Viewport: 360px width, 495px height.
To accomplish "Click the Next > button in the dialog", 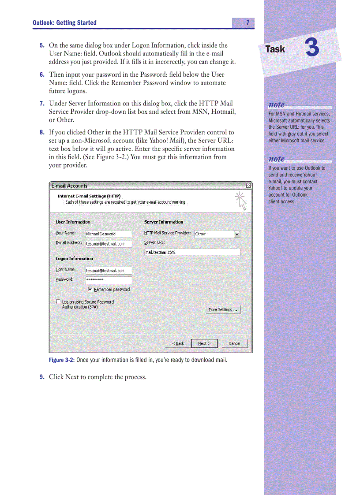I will [x=204, y=344].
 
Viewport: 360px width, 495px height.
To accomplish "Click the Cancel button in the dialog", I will [x=234, y=344].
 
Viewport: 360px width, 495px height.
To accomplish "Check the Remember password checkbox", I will [x=90, y=290].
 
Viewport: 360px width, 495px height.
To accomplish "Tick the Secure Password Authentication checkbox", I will [x=58, y=302].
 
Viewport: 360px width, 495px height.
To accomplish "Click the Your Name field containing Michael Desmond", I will [x=109, y=234].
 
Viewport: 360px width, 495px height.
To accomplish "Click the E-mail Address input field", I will [x=109, y=244].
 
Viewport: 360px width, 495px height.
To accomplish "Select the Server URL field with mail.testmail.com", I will [x=192, y=253].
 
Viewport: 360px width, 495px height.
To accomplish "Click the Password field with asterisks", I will [x=109, y=280].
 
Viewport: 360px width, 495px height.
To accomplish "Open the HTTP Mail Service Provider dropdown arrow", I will [x=237, y=234].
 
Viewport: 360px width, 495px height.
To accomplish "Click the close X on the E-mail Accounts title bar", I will [x=248, y=186].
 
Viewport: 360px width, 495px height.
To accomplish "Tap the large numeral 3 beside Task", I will [x=312, y=48].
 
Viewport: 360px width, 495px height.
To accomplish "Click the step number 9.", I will [x=41, y=377].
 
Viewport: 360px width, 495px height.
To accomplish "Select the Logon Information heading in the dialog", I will [x=74, y=259].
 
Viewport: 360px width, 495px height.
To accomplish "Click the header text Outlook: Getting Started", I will [x=64, y=23].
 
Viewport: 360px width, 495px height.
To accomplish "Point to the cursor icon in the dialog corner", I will [x=241, y=201].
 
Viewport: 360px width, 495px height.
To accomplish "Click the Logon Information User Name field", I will [x=109, y=271].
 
